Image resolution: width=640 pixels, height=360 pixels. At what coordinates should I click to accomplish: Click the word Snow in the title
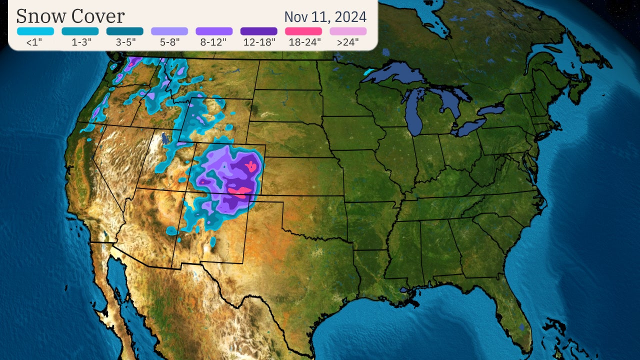[x=41, y=16]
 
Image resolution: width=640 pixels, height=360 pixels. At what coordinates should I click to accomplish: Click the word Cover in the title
[x=97, y=16]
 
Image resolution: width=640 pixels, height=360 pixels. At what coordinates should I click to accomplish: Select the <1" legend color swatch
[x=35, y=31]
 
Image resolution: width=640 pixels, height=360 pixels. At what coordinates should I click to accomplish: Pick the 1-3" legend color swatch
[x=80, y=31]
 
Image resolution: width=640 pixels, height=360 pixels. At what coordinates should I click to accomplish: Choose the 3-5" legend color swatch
[x=124, y=31]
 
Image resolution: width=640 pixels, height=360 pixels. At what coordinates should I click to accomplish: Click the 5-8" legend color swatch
[x=169, y=31]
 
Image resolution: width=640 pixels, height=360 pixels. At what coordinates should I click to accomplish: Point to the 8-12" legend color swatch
[x=214, y=31]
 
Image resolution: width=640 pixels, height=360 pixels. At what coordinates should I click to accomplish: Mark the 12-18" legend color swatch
[x=258, y=31]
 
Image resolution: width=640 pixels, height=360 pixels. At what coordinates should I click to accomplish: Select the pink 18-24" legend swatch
[x=303, y=31]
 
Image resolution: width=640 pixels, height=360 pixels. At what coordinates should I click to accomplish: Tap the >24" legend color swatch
[x=348, y=31]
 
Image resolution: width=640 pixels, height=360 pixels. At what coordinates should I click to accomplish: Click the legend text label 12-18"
[x=259, y=42]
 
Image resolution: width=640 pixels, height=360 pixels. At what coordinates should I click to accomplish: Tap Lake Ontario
[x=492, y=110]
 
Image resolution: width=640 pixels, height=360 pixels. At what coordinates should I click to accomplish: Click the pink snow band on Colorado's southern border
[x=239, y=191]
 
